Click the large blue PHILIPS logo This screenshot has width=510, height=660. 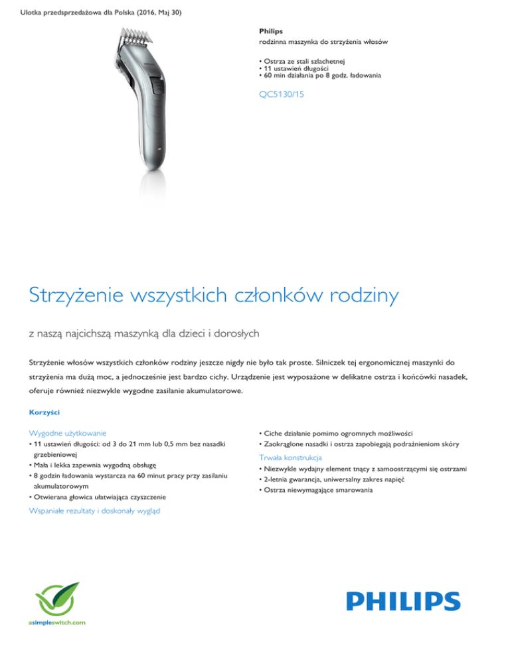tap(393, 602)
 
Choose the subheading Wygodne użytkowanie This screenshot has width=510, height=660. tap(68, 432)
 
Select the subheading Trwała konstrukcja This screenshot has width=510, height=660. tap(290, 457)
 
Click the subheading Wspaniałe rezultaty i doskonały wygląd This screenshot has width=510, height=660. tap(95, 511)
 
